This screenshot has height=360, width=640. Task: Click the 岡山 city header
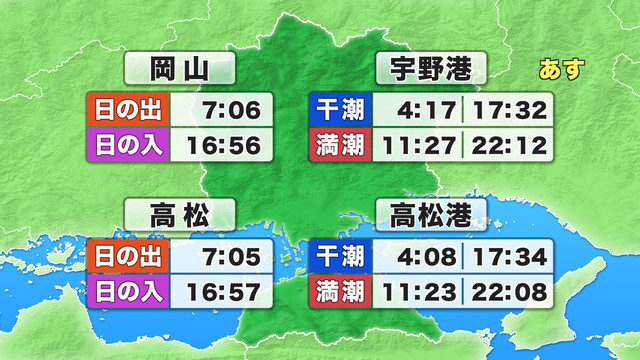click(179, 70)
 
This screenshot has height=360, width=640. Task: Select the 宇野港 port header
click(431, 70)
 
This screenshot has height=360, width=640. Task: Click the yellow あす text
click(561, 70)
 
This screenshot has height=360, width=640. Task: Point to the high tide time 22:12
click(510, 146)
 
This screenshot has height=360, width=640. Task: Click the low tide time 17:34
click(510, 257)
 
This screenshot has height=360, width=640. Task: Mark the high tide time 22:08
click(510, 294)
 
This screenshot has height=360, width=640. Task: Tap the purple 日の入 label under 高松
click(129, 294)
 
